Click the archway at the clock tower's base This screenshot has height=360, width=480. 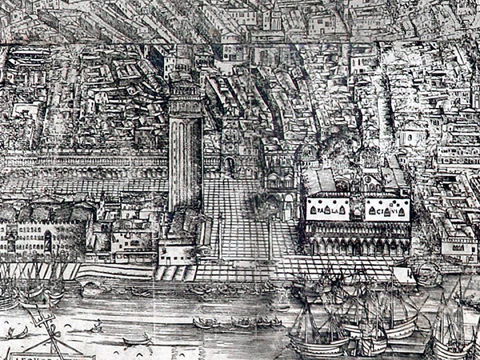[231, 166]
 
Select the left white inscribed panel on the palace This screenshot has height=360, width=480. [327, 211]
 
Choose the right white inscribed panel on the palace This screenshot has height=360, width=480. [387, 211]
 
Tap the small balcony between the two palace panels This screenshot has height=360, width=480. [357, 212]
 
